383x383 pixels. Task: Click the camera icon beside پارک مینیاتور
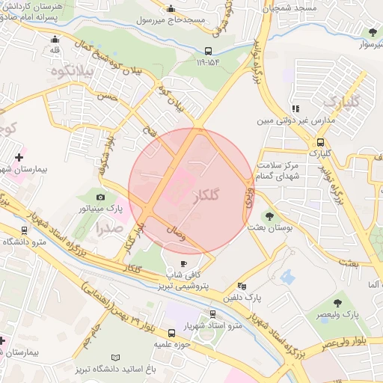pyautogui.click(x=102, y=196)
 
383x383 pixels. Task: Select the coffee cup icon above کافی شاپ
pyautogui.click(x=184, y=264)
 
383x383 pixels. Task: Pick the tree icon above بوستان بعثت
pyautogui.click(x=269, y=217)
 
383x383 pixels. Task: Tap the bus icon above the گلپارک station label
pyautogui.click(x=320, y=141)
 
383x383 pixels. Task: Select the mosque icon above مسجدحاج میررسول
pyautogui.click(x=171, y=10)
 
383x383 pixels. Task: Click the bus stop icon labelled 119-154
pyautogui.click(x=208, y=52)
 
